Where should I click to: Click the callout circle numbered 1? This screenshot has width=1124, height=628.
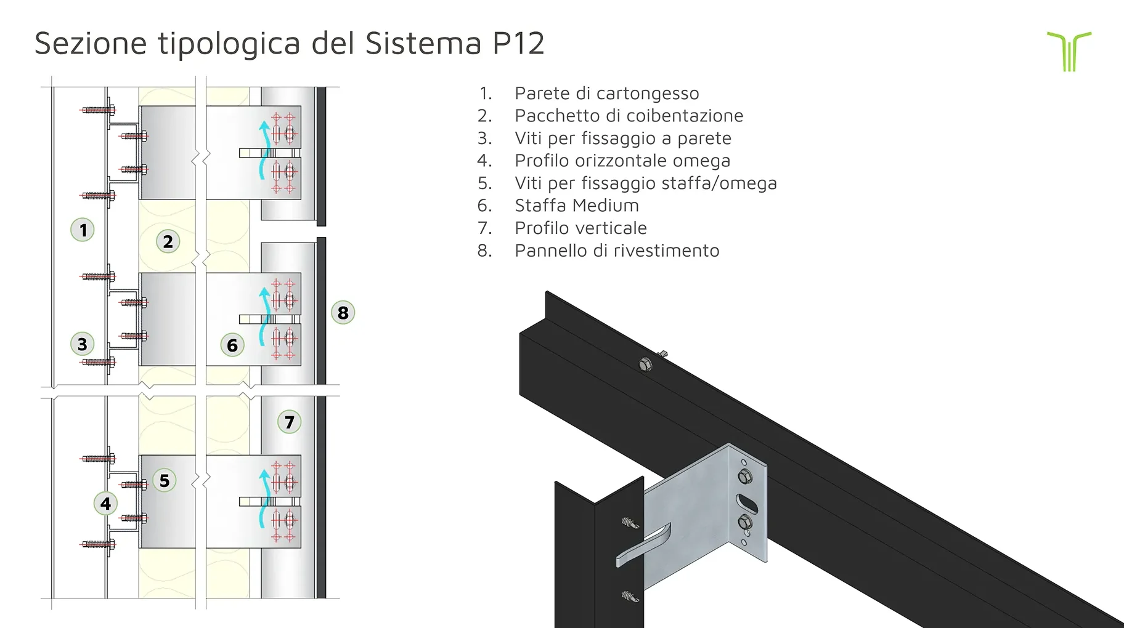coord(83,230)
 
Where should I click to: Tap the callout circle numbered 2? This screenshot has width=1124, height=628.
coord(168,241)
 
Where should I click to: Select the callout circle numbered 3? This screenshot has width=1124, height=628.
coord(83,344)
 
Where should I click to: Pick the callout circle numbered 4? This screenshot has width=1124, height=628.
coord(105,504)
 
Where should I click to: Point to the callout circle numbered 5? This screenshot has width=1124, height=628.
coord(165,480)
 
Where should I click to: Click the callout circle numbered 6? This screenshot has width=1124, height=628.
coord(232,345)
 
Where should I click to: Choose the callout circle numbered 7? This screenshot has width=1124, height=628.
coord(289,422)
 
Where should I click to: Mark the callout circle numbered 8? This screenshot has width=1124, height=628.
coord(343,313)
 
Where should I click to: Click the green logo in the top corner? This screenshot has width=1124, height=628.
coord(1069,51)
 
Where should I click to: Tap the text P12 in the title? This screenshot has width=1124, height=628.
coord(518,44)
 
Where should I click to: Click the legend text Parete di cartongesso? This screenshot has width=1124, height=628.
coord(606,94)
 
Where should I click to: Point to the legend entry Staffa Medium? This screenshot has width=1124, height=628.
coord(576,206)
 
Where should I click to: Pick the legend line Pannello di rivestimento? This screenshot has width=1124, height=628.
coord(617,251)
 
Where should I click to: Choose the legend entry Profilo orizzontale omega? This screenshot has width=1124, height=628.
coord(622,161)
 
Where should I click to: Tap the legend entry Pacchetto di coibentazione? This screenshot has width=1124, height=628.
coord(629,116)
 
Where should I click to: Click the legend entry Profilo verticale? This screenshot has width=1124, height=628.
coord(580,228)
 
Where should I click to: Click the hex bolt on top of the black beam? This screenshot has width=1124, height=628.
coord(646,364)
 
